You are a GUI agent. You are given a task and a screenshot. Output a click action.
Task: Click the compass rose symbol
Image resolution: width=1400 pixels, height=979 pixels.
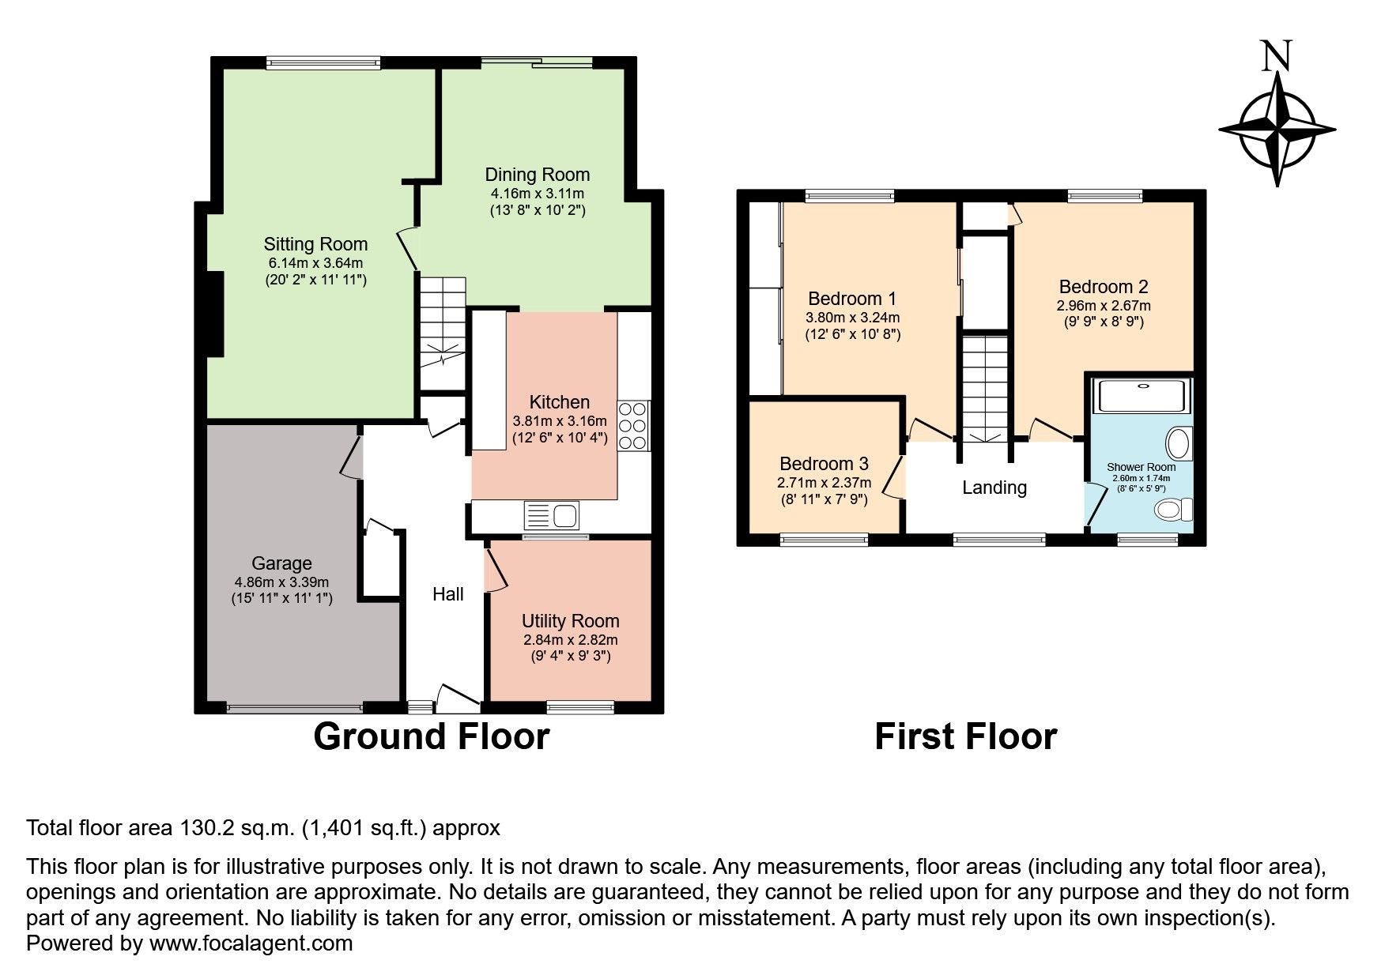[1277, 130]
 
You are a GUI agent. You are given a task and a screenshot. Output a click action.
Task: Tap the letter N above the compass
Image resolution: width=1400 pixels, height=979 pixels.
[1277, 56]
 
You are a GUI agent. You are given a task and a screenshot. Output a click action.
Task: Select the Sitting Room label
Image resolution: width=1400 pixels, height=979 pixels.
[315, 244]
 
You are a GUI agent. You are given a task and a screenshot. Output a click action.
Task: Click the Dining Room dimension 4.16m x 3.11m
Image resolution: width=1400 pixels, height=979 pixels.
[537, 193]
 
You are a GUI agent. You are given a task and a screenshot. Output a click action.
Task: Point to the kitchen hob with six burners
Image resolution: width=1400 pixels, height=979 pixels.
[633, 426]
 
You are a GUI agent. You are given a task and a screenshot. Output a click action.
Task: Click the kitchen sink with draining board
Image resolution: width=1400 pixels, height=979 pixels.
[552, 516]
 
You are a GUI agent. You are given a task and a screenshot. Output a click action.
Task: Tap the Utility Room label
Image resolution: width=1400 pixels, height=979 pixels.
[570, 621]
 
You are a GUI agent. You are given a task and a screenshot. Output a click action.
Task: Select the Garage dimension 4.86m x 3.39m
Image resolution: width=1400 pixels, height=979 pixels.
[281, 582]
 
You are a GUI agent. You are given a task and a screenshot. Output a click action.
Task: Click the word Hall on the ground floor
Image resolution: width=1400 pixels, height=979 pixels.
[447, 594]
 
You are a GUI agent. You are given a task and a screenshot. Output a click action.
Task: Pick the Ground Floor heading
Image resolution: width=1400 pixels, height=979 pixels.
[431, 736]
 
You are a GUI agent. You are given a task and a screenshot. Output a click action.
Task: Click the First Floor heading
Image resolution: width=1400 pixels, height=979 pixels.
[965, 736]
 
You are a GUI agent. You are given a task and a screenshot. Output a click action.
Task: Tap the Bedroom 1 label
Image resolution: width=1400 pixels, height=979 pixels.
[852, 299]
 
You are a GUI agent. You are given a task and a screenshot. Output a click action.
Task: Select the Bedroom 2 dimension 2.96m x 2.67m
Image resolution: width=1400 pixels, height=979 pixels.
[1104, 306]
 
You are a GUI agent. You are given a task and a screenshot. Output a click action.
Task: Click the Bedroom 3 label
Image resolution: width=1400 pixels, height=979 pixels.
[824, 464]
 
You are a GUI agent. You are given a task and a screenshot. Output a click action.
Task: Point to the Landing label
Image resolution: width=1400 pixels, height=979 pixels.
[994, 488]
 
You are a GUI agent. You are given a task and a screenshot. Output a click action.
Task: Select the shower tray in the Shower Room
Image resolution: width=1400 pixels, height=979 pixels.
[1142, 396]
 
